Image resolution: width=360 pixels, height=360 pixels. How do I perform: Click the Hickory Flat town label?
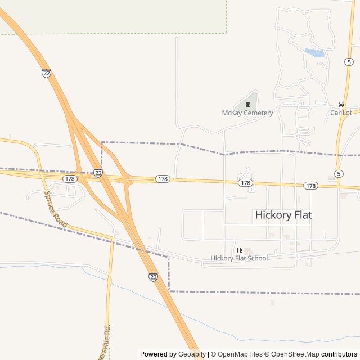(283, 214)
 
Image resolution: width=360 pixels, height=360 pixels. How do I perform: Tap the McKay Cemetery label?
(247, 112)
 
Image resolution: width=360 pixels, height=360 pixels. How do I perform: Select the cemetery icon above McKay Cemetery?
(247, 104)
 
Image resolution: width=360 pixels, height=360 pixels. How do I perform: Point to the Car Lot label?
(341, 112)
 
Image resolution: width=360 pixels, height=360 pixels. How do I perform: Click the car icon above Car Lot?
(341, 104)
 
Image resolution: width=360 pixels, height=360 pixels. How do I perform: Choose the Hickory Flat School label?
(239, 258)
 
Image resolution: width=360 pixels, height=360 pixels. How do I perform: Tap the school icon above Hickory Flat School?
(239, 250)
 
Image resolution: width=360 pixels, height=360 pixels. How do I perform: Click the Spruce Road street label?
(56, 209)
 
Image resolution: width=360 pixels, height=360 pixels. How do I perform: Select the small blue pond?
(315, 53)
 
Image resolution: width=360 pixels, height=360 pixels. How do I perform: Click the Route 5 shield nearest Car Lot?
(350, 61)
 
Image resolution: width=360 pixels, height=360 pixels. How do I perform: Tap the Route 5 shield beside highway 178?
(339, 173)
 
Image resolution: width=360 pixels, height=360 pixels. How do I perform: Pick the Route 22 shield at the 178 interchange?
(98, 173)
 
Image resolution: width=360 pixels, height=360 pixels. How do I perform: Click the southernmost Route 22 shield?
(154, 276)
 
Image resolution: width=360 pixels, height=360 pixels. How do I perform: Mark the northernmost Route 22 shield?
(46, 73)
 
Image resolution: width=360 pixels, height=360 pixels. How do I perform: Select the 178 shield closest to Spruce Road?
(70, 178)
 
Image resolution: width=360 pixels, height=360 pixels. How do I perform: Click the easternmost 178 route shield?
(310, 185)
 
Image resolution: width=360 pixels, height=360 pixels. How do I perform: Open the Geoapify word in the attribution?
(192, 354)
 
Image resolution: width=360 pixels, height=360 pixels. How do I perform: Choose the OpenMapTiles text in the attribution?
(240, 354)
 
